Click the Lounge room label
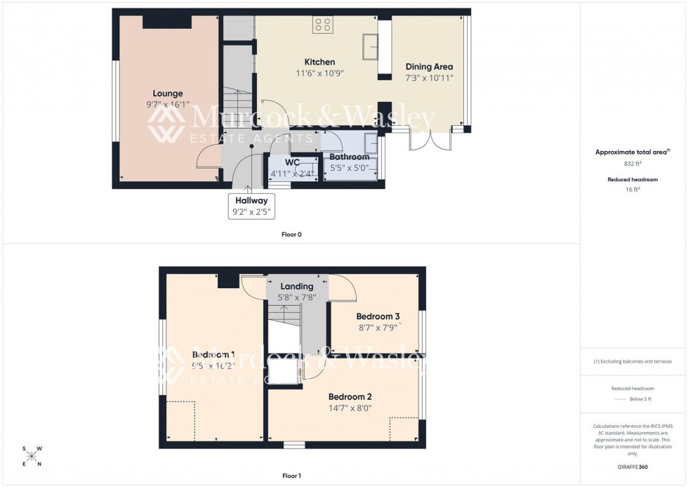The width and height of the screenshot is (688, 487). (168, 93)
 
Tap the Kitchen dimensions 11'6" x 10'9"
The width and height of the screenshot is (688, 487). (319, 73)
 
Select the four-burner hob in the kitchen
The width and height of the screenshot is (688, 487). (323, 25)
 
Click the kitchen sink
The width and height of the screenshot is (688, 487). (369, 46)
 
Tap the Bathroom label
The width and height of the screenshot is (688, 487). (349, 157)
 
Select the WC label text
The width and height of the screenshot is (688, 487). (292, 162)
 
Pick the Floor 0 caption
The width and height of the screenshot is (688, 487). (291, 234)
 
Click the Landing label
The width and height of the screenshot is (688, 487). (297, 286)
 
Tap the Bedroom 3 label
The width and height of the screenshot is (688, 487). (378, 316)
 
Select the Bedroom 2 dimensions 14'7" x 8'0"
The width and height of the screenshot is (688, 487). (350, 408)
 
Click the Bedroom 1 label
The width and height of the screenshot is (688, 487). (213, 354)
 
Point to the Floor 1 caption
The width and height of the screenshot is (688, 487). (291, 476)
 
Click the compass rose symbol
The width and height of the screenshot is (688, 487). (32, 456)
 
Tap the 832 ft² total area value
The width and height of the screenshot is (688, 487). (633, 163)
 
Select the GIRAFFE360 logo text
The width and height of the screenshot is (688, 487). (633, 467)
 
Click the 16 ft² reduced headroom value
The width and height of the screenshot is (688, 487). (633, 189)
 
